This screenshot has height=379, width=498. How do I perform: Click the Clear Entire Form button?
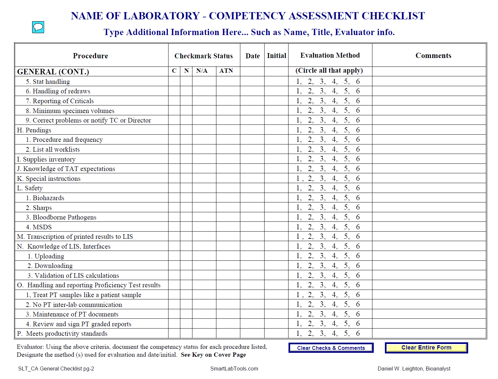pyautogui.click(x=426, y=348)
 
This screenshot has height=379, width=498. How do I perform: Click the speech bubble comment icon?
pyautogui.click(x=38, y=27)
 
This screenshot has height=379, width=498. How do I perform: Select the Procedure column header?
pyautogui.click(x=90, y=56)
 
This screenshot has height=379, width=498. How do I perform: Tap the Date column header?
pyautogui.click(x=252, y=56)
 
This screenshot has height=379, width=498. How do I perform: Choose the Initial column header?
pyautogui.click(x=276, y=56)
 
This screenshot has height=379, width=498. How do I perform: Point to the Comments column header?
pyautogui.click(x=433, y=56)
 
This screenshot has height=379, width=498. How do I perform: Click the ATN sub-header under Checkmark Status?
pyautogui.click(x=226, y=71)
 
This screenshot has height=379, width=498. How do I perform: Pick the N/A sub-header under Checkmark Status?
pyautogui.click(x=202, y=71)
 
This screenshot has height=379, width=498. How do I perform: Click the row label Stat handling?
pyautogui.click(x=51, y=82)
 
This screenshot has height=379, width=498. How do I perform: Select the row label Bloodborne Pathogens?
pyautogui.click(x=64, y=217)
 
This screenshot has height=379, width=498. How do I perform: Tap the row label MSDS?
pyautogui.click(x=42, y=227)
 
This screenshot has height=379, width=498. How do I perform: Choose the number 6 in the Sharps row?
pyautogui.click(x=358, y=207)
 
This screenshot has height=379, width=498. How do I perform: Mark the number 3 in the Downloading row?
pyautogui.click(x=323, y=265)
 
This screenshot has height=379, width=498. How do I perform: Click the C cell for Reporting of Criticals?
pyautogui.click(x=174, y=101)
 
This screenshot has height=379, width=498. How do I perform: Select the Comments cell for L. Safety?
pyautogui.click(x=429, y=188)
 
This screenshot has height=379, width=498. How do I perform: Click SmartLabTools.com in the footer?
pyautogui.click(x=234, y=369)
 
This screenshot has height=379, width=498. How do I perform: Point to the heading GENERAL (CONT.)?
pyautogui.click(x=53, y=72)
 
